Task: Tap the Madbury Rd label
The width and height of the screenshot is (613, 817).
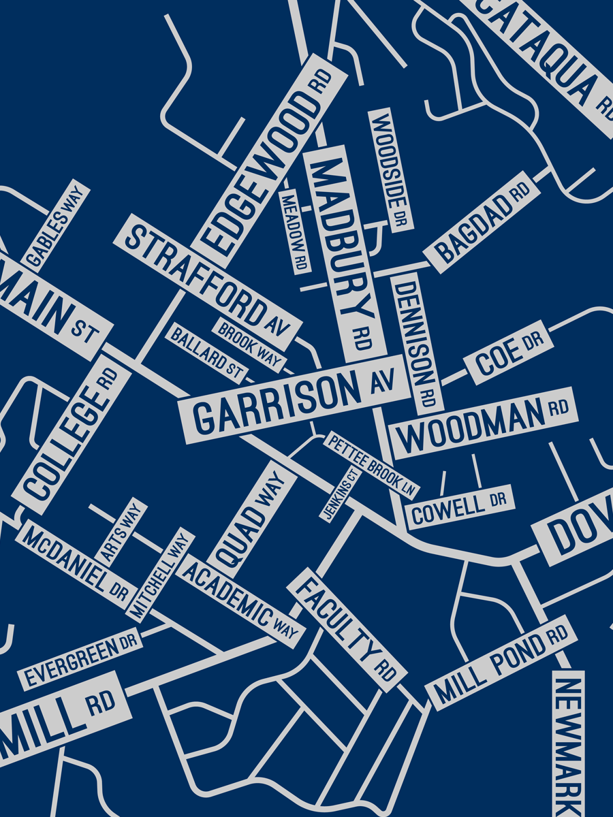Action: [344, 252]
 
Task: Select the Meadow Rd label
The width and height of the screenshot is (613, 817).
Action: [294, 231]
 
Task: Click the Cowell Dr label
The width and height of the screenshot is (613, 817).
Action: [459, 508]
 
